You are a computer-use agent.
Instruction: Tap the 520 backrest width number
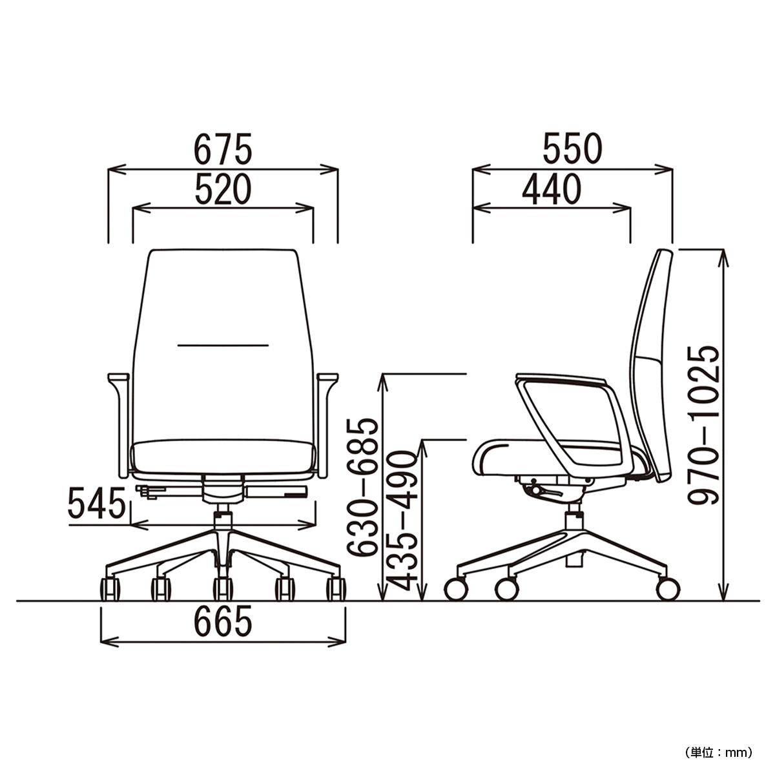tap(223, 189)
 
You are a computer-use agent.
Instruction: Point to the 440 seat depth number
tap(552, 189)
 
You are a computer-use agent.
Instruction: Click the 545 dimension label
tap(96, 503)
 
